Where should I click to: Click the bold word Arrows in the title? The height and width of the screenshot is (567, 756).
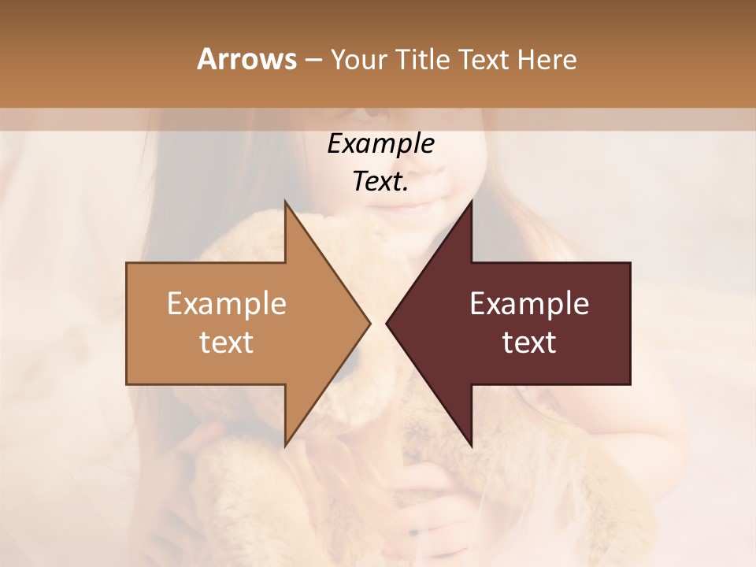coord(246,59)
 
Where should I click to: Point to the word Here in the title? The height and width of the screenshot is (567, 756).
coord(547,60)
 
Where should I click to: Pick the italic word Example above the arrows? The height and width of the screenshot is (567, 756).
coord(380,143)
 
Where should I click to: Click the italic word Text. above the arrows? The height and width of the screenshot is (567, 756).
coord(380,182)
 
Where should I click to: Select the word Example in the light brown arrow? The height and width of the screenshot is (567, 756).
coord(227,303)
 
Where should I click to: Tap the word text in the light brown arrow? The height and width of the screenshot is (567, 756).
coord(227,343)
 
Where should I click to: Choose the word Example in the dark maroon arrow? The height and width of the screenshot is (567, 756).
coord(529,303)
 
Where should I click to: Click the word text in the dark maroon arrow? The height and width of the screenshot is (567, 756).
coord(529,343)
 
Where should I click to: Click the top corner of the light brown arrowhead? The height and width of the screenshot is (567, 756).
coord(285,202)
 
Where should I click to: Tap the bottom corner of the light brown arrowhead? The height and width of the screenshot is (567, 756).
coord(285,445)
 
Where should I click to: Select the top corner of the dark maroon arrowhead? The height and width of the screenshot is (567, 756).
coord(471,202)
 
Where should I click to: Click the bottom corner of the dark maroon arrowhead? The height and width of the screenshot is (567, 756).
coord(471,446)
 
